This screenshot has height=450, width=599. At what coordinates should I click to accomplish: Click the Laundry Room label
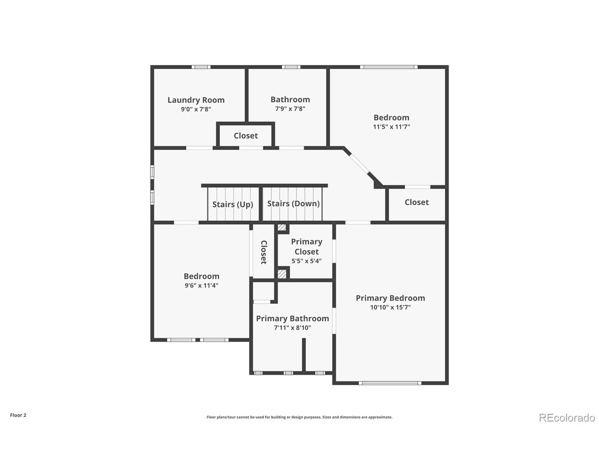tap(196, 100)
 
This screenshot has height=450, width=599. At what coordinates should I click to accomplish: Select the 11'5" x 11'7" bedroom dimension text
tap(391, 127)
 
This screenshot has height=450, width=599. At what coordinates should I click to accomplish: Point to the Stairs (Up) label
tap(233, 204)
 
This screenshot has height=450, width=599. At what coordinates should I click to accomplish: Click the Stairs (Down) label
tap(293, 204)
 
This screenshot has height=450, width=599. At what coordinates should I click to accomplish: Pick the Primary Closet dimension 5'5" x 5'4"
tap(306, 261)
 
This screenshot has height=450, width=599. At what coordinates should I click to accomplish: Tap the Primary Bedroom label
tap(390, 298)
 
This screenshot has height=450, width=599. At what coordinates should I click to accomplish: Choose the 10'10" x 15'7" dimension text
tap(390, 307)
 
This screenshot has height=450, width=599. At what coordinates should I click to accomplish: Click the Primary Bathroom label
tap(292, 319)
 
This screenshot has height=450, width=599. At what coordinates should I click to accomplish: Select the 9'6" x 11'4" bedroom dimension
tap(201, 285)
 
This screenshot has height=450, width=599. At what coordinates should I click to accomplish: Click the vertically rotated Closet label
tap(264, 252)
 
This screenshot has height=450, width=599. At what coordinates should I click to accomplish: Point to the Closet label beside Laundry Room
tap(246, 136)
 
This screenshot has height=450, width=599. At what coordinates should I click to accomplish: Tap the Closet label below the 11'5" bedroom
tap(416, 202)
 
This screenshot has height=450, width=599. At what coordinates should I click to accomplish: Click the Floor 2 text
tap(18, 415)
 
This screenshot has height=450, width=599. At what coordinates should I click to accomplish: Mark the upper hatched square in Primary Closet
tap(282, 227)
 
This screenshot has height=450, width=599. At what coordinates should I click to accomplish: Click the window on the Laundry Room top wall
tap(201, 67)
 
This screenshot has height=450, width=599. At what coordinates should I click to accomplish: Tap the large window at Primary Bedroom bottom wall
tap(390, 383)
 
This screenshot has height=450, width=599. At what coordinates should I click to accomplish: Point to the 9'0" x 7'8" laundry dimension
tap(196, 109)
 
